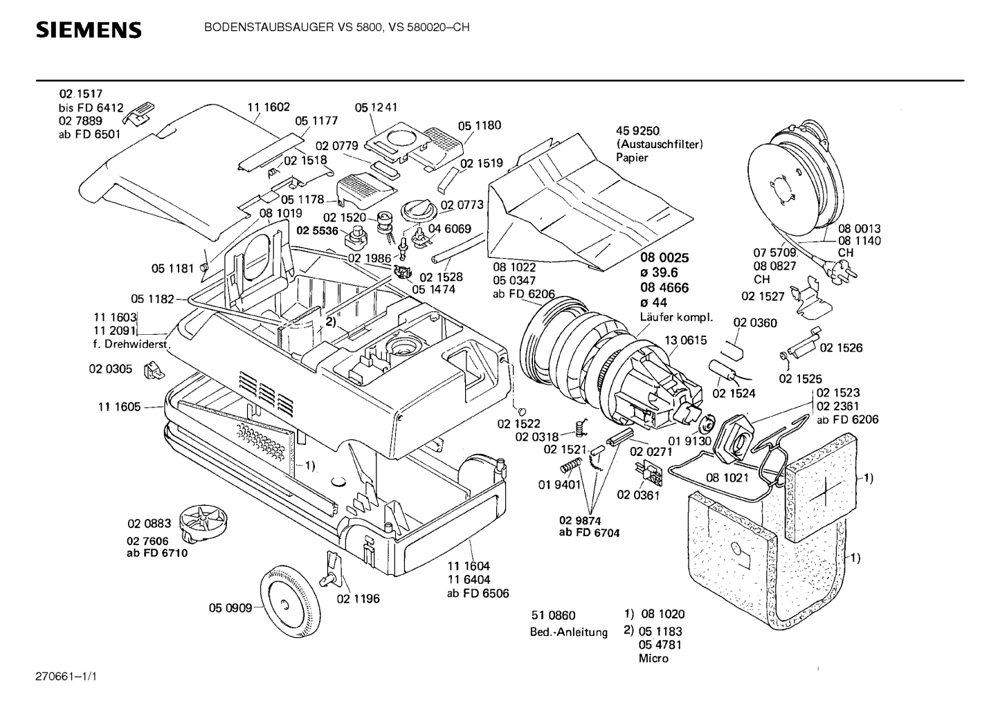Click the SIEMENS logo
point(89,30)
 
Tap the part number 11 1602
point(269,107)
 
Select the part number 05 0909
point(230,608)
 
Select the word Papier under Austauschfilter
point(632,157)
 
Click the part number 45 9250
point(637,131)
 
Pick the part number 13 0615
point(686,340)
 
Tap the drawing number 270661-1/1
point(66,677)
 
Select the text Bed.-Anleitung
point(568,632)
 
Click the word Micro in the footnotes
point(653,658)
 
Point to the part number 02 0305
point(111,369)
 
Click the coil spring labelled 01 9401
point(571,466)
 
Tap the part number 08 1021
point(727,478)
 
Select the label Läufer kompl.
point(676,317)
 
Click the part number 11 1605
point(120,407)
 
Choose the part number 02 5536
point(317,230)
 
